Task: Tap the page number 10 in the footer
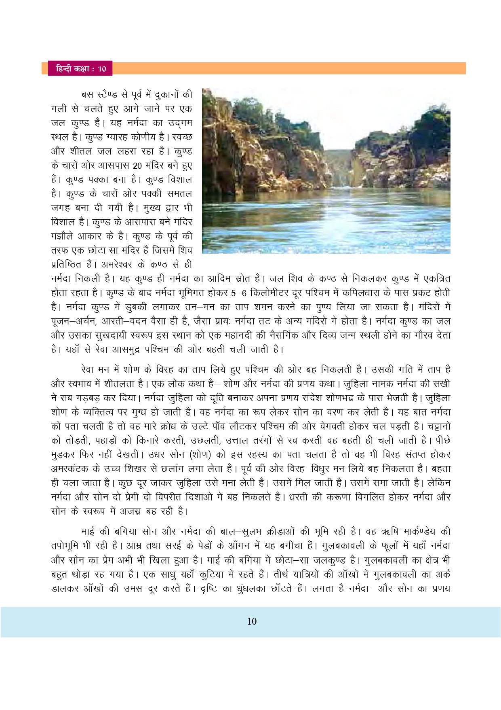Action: point(251,621)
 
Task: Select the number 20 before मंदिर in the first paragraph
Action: point(137,165)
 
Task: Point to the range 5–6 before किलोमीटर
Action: point(238,293)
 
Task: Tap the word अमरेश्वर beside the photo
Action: point(117,265)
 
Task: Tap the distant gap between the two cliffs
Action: point(339,166)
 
